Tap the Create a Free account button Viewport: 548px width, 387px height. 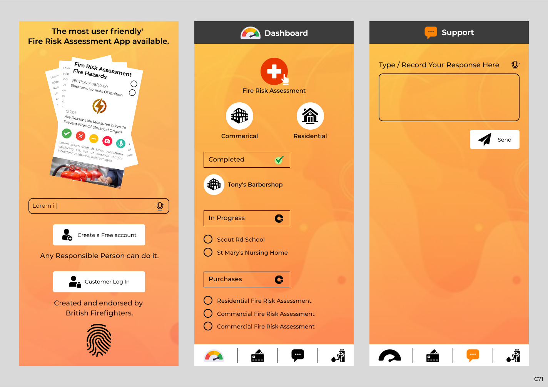pos(99,235)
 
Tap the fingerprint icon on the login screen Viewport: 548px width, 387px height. pos(99,340)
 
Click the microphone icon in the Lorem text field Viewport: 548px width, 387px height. pos(160,206)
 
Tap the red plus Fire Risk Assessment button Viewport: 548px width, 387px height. pos(274,72)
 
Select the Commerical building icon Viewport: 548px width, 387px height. pos(239,116)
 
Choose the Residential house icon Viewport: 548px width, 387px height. pos(310,116)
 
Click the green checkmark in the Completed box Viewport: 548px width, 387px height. pos(279,160)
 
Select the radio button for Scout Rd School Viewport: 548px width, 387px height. pos(208,239)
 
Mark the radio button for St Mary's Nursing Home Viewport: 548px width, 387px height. pos(208,252)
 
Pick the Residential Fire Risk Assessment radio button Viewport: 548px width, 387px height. pos(208,300)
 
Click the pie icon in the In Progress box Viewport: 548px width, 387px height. pos(279,218)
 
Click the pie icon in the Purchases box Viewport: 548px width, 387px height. pos(279,279)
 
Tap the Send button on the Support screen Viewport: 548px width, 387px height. pos(495,139)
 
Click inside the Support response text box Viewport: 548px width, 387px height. pos(449,97)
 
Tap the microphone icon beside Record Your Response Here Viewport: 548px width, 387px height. pos(515,65)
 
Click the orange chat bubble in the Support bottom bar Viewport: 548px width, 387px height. pos(473,355)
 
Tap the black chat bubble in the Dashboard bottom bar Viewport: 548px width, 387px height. pos(297,355)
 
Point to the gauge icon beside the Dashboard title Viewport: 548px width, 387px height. pos(251,33)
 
